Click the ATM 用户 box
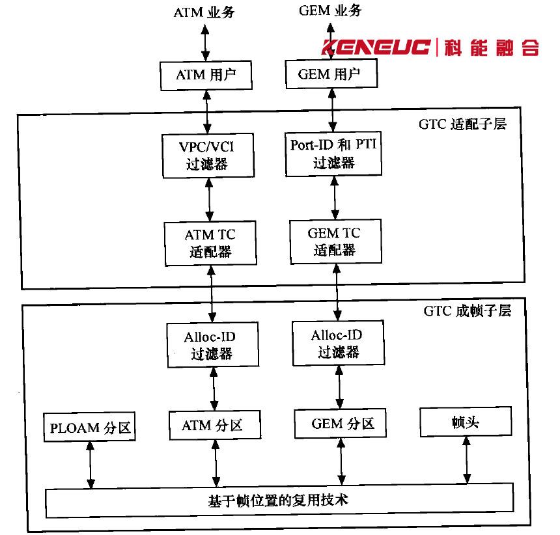pos(205,75)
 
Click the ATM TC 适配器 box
pos(209,243)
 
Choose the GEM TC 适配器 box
pos(334,241)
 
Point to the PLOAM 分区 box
pos(91,428)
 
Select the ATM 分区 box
pos(214,426)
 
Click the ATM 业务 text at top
pos(204,12)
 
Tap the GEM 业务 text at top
pos(329,10)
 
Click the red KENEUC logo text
pos(376,48)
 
